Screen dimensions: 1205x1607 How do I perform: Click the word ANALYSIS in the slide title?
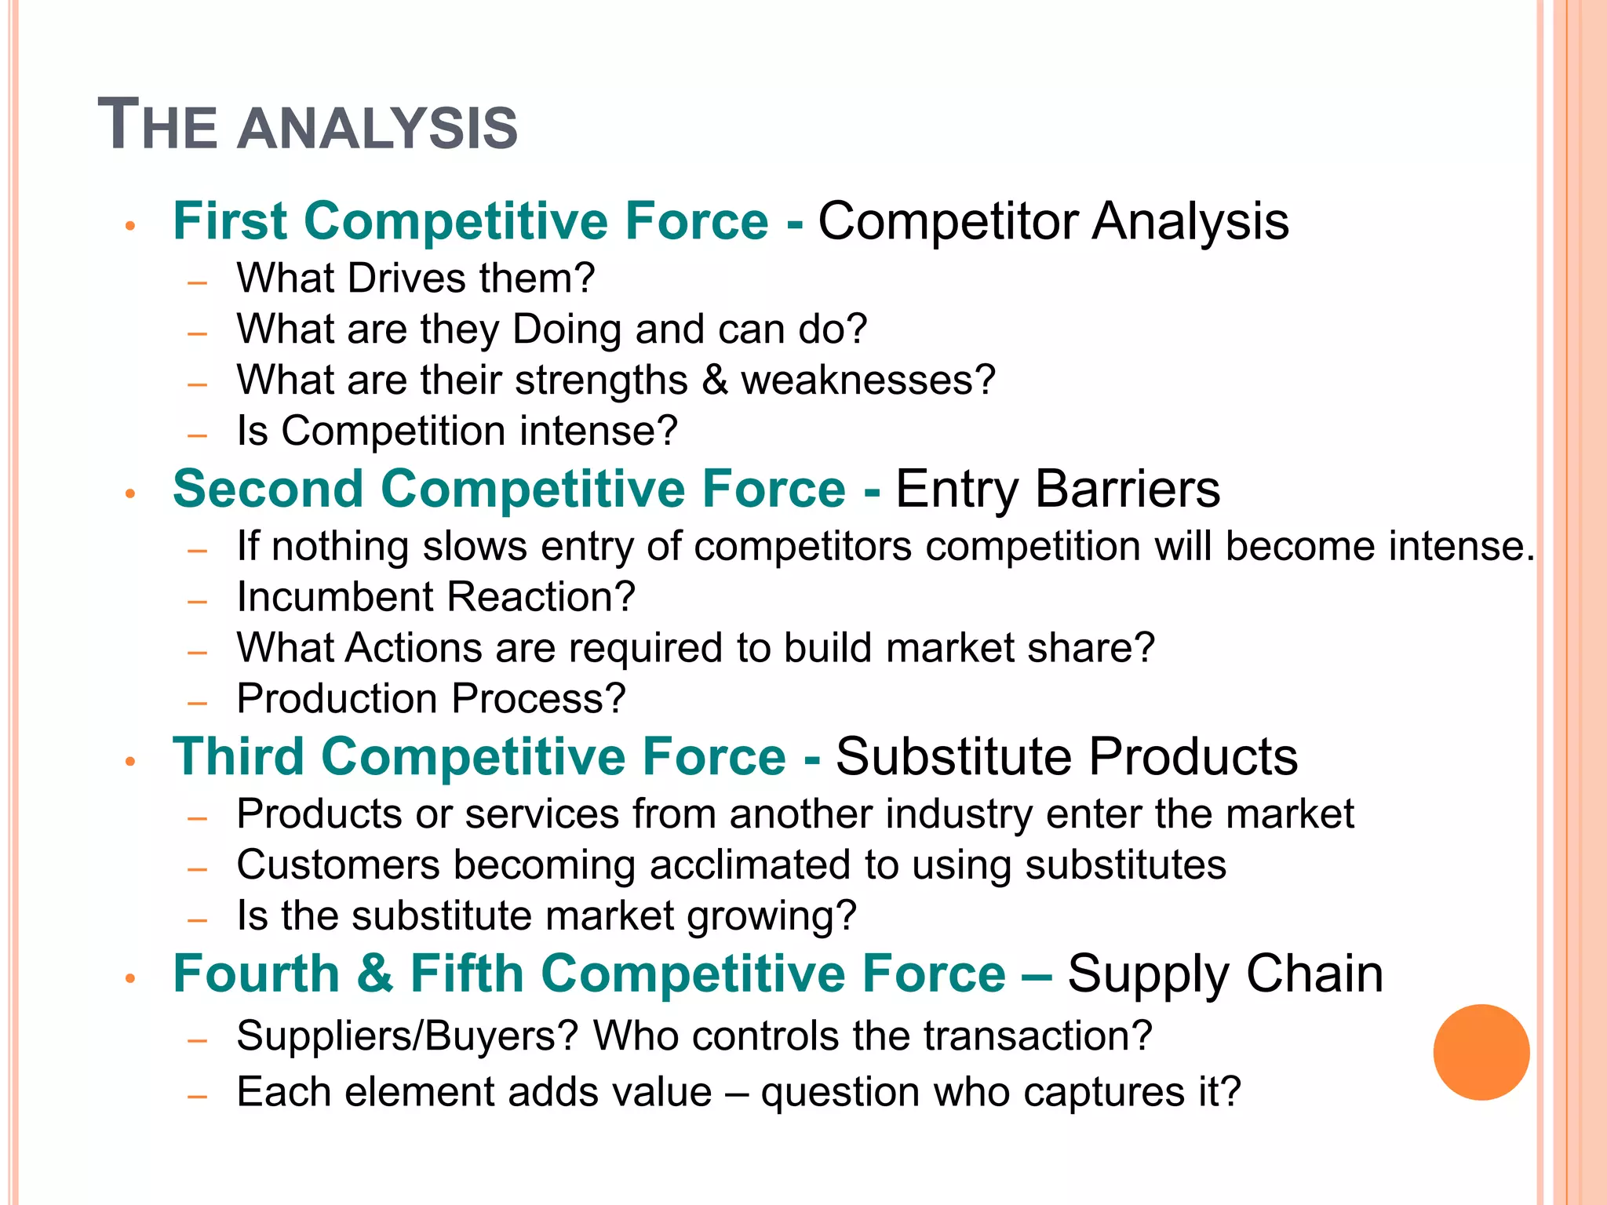377,128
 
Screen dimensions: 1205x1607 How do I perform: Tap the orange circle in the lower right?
1481,1052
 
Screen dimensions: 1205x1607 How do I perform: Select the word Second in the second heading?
268,489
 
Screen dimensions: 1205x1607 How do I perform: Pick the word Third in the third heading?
239,756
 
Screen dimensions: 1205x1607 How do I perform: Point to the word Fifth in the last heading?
467,974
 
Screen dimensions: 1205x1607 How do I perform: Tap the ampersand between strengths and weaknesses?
714,380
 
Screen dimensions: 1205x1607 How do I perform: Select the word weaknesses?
868,380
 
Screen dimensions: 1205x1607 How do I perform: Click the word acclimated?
749,865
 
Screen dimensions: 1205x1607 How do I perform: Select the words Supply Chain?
1225,974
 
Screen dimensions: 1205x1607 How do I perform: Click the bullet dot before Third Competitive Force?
131,761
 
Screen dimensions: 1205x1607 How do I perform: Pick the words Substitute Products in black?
1066,756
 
